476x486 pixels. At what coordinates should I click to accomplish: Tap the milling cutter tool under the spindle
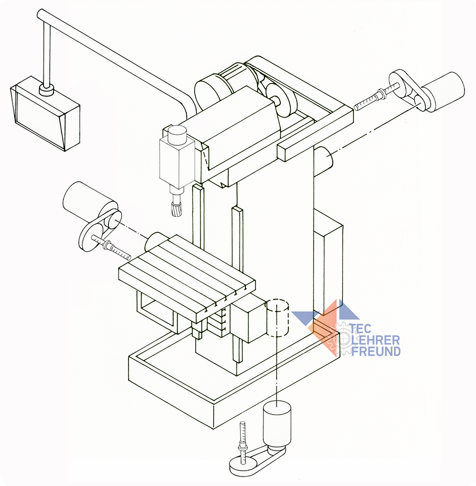click(177, 208)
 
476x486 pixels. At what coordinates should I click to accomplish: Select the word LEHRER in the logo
click(376, 340)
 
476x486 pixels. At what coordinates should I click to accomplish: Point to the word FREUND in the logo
click(376, 351)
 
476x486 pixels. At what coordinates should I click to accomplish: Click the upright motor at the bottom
click(277, 423)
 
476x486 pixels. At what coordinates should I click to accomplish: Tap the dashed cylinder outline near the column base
click(279, 318)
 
